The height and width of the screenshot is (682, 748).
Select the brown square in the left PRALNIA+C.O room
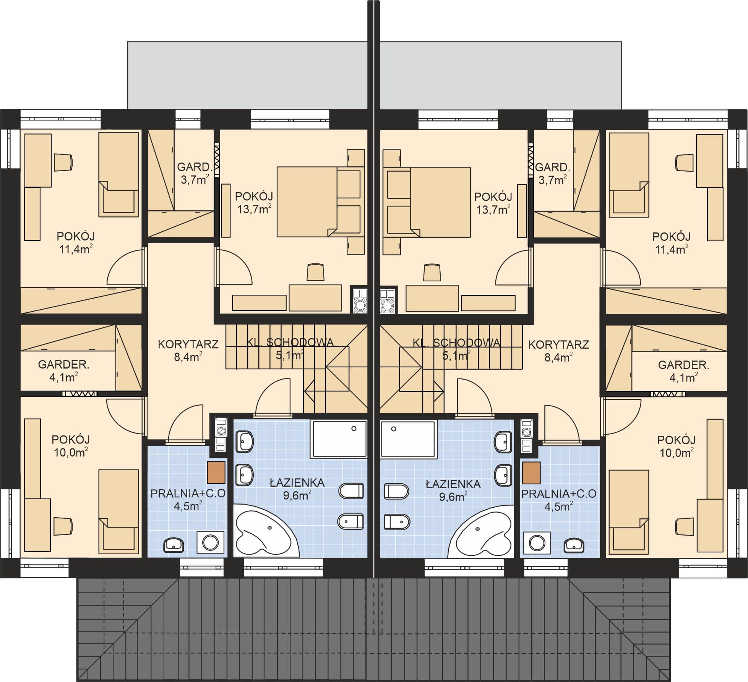pos(216,472)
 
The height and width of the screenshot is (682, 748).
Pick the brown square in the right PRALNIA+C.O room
pos(531,473)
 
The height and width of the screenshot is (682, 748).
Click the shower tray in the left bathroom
pos(339,439)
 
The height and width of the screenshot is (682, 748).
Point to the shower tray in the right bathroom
pos(409,439)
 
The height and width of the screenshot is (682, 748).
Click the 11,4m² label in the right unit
pos(672,249)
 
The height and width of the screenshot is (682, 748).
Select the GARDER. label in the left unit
pos(63,364)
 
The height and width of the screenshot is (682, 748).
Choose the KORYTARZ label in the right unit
pos(558,344)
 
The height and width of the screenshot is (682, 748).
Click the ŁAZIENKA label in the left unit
pos(297,483)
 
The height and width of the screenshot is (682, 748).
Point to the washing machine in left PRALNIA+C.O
pos(210,542)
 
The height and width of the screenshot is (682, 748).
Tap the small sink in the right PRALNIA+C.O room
pos(574,544)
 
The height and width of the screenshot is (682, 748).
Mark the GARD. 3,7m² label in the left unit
pos(195,173)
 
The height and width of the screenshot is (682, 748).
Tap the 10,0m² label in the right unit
pos(677,453)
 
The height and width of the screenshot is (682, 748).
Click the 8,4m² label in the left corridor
pos(188,357)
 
